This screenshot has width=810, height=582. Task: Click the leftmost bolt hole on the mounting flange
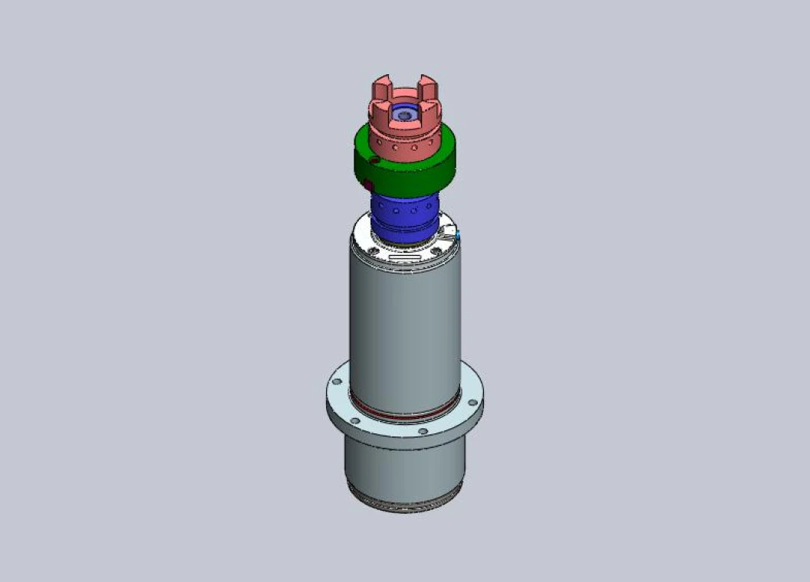tap(336, 381)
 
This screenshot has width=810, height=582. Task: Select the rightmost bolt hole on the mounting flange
tap(472, 402)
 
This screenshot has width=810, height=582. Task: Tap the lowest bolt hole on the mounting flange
tap(422, 432)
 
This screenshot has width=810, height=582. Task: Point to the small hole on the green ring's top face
tap(374, 160)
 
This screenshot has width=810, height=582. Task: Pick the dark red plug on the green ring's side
tap(368, 185)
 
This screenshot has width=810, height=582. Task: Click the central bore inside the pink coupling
tap(403, 116)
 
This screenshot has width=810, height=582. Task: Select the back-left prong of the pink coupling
tap(381, 87)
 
